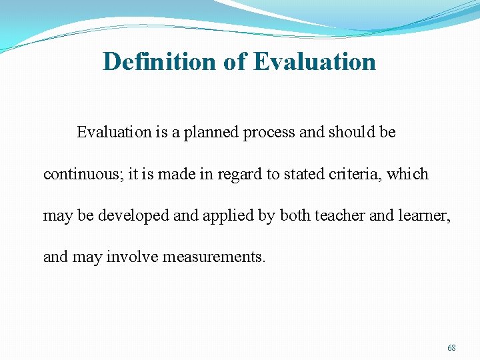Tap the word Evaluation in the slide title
315,62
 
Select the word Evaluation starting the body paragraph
114,132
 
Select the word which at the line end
408,175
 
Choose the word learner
423,216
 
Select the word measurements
214,257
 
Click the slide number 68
451,348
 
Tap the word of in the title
235,62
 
